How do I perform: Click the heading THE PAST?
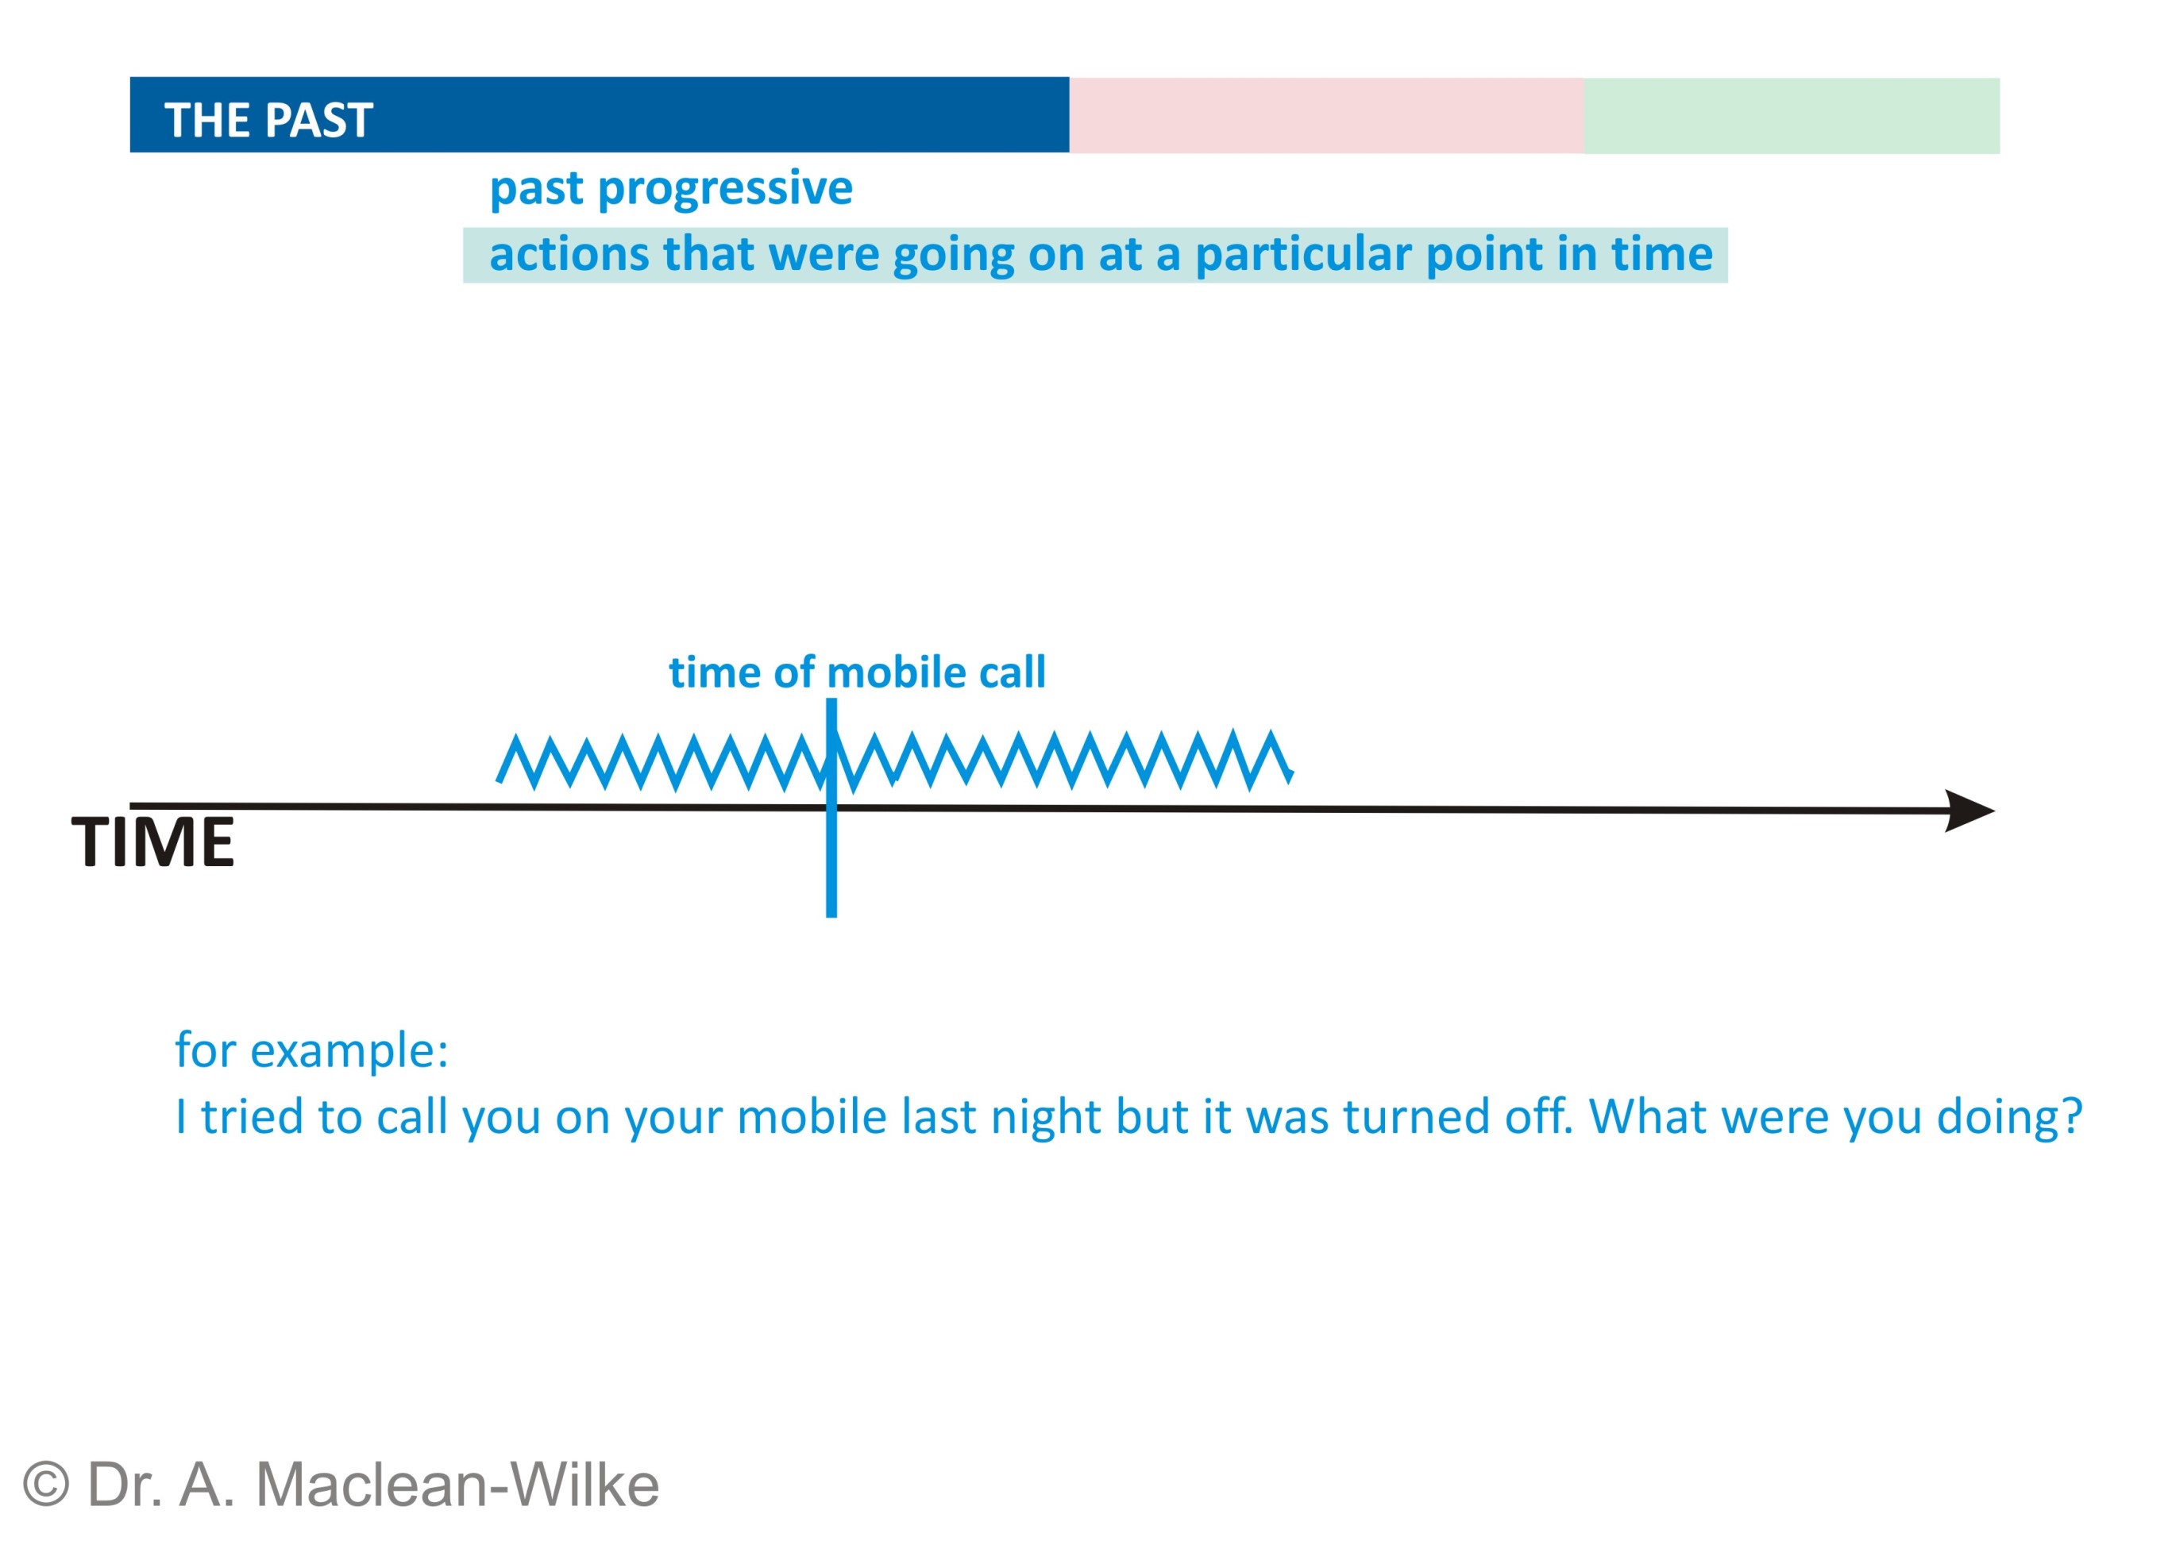point(268,121)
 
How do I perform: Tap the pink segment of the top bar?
point(1326,115)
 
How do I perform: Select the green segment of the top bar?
point(1791,115)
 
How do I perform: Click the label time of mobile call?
point(857,672)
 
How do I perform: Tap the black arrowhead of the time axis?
point(1969,811)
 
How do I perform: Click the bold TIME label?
point(152,842)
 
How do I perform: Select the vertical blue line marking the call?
point(831,807)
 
